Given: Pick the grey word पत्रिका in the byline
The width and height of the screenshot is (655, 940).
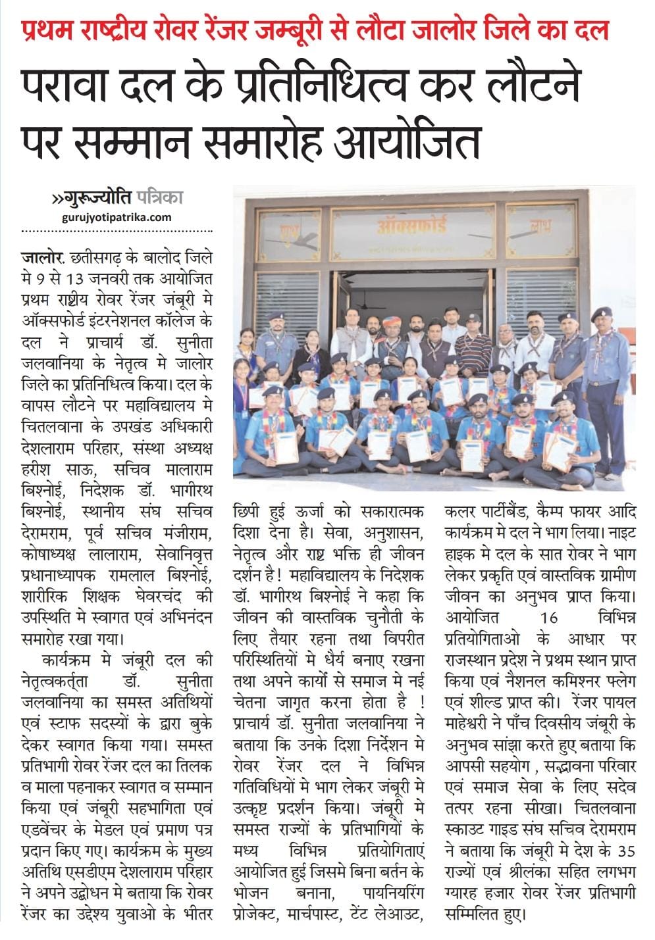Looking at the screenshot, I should [161, 197].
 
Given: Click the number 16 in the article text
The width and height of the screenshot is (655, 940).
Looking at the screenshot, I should [548, 618].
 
